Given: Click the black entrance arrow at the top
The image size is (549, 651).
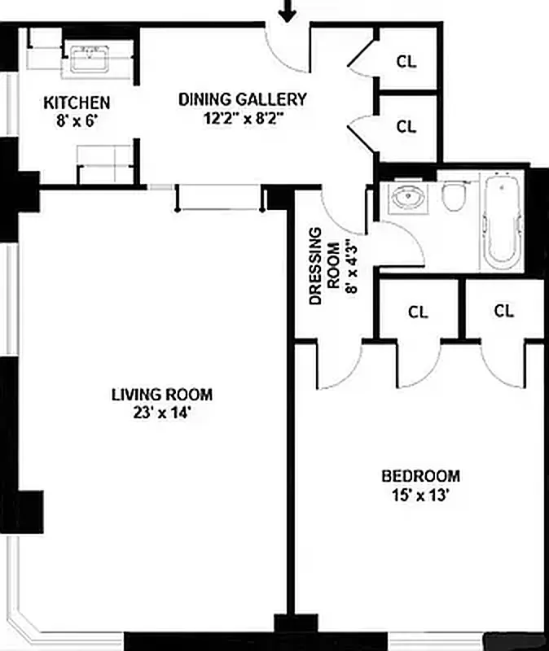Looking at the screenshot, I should click(287, 11).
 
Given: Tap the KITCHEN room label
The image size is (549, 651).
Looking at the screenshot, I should click(77, 103).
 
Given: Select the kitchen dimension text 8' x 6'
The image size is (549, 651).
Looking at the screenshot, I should click(77, 121).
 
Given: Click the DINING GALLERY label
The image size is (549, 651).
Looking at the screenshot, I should click(243, 99).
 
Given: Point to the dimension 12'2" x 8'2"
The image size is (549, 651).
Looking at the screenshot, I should click(243, 118).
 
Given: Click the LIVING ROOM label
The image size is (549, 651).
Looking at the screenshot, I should click(162, 395).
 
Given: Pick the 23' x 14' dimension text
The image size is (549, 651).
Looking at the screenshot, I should click(162, 413).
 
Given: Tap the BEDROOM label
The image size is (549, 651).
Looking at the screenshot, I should click(421, 476).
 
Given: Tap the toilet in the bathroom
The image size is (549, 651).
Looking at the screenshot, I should click(454, 196).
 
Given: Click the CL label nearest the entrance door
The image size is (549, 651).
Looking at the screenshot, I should click(406, 61).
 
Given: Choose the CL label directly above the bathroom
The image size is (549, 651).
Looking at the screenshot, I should click(406, 127).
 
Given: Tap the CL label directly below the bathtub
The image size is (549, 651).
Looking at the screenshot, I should click(504, 311).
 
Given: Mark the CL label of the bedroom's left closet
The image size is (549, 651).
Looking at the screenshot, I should click(418, 312).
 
